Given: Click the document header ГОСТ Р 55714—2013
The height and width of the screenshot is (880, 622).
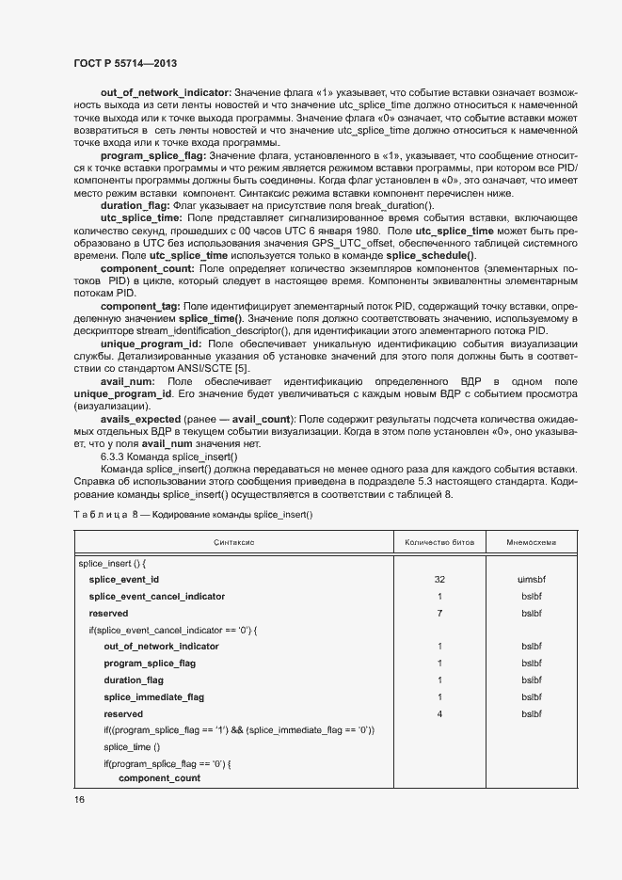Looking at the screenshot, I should pos(125,63).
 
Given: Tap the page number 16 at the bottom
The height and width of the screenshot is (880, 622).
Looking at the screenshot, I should pos(78,799).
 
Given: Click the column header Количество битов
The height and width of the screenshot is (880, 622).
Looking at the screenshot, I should pos(439,542).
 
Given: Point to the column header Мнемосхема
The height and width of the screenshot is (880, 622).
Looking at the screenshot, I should pos(531,542).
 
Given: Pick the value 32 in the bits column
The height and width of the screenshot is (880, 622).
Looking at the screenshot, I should pos(439,579).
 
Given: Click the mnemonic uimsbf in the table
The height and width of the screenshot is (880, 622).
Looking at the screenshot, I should pos(531,579).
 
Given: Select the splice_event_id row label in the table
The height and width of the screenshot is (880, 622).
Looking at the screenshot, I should pos(124,579).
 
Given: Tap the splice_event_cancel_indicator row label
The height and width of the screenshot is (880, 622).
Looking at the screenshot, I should pos(157,596).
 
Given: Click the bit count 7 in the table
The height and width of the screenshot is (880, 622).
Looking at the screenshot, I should pos(439,613).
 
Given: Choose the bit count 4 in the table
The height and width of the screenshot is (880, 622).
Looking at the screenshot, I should pos(439,713).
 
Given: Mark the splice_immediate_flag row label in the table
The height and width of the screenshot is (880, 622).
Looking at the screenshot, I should pos(153,696).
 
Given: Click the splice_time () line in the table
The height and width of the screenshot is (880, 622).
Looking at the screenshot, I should pos(132,746).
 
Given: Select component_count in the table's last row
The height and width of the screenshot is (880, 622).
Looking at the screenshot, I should pos(159,779).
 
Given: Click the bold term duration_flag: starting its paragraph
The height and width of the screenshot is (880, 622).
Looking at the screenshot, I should pos(135,205).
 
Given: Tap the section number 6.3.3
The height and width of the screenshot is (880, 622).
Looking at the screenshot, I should pos(115,456).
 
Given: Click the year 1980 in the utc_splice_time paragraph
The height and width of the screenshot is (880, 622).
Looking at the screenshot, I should pos(366,231).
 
